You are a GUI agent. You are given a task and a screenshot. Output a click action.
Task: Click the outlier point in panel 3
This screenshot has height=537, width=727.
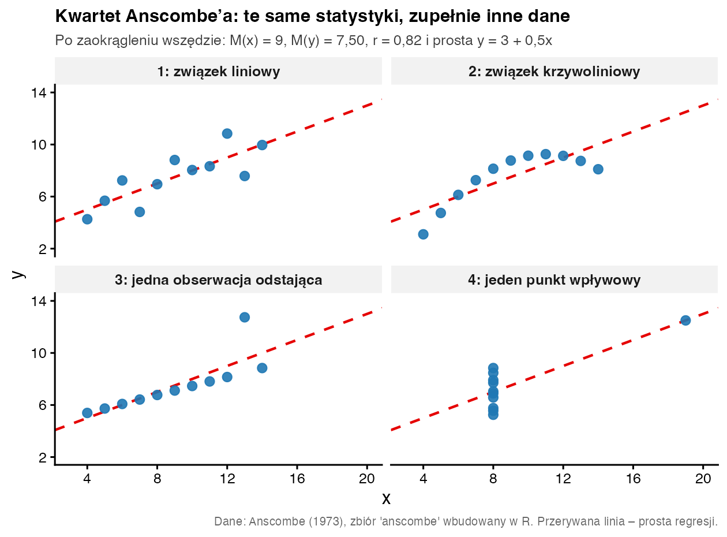click(245, 317)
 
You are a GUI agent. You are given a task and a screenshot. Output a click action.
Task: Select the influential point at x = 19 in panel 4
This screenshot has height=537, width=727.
click(685, 320)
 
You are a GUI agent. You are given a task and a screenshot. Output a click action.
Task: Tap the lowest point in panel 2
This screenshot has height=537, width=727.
click(423, 234)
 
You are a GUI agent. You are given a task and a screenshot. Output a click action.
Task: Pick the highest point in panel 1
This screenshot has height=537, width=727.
click(227, 133)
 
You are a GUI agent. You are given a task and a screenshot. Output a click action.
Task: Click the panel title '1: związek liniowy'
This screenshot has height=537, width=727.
click(219, 72)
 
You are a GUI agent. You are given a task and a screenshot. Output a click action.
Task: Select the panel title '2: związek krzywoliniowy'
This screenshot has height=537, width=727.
click(554, 72)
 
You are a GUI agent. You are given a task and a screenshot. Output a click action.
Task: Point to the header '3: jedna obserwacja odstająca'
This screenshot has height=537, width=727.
click(219, 280)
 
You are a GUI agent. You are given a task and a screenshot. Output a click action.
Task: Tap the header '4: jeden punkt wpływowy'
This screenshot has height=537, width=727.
click(554, 280)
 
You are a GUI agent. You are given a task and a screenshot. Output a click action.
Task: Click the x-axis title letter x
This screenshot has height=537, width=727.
click(386, 499)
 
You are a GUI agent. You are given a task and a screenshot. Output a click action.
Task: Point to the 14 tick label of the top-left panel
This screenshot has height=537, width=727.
click(39, 93)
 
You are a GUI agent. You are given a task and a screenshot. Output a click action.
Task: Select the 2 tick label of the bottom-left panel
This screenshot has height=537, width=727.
click(43, 458)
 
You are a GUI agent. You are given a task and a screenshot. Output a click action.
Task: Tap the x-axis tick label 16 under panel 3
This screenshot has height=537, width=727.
click(297, 479)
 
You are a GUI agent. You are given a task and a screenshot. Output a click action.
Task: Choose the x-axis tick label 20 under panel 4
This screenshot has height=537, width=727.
click(703, 479)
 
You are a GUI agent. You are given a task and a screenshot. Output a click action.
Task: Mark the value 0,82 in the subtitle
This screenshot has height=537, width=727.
click(407, 40)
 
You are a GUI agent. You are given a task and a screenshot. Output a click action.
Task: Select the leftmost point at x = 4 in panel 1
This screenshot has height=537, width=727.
click(87, 219)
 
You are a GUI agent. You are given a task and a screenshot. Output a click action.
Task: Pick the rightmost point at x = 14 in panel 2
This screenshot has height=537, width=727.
click(598, 169)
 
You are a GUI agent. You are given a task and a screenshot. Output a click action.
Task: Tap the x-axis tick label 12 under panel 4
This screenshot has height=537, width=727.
click(563, 479)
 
